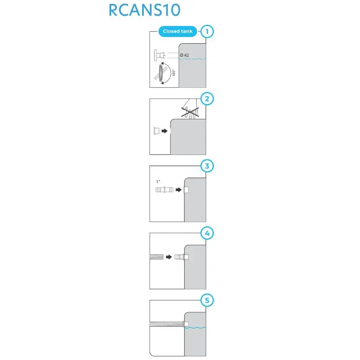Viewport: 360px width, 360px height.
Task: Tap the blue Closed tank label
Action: tap(177, 31)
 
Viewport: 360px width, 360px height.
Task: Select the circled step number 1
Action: tap(207, 31)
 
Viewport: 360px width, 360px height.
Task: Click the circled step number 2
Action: tap(207, 99)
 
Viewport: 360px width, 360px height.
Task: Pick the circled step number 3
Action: tap(207, 166)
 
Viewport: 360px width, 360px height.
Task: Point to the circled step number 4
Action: tap(207, 234)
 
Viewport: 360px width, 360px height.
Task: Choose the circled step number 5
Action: tap(207, 301)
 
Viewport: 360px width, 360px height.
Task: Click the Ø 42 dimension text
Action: tap(184, 55)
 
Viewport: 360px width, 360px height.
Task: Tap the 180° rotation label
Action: tap(173, 73)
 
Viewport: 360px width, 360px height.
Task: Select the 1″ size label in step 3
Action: tap(158, 181)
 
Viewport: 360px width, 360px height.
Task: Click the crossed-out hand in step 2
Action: tap(190, 110)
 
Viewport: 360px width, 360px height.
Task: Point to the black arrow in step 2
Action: tap(165, 131)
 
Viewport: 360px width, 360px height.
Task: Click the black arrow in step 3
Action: tap(178, 190)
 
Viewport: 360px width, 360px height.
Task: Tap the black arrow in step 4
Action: tap(169, 257)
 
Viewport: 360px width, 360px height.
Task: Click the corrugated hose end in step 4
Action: tap(156, 257)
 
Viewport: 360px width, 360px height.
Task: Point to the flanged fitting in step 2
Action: tap(156, 131)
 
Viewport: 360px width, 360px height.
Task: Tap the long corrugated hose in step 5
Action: tap(166, 324)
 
